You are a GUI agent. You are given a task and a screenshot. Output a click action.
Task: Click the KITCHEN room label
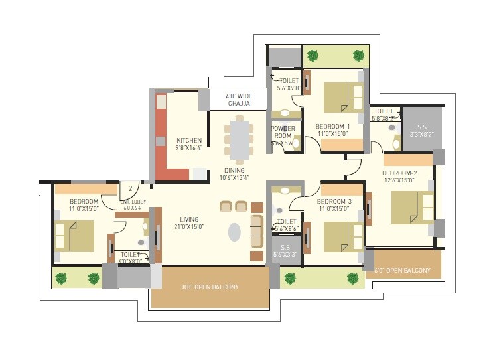click(x=189, y=140)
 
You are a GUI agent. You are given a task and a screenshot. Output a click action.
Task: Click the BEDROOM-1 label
click(x=334, y=126)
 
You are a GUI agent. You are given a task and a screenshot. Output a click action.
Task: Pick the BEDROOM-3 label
click(x=334, y=201)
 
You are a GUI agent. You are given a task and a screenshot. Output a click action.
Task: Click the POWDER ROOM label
click(x=283, y=132)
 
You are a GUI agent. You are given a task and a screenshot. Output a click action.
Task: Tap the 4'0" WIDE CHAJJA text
click(x=238, y=100)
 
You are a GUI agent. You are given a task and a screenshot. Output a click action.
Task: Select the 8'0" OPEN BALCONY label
click(x=210, y=287)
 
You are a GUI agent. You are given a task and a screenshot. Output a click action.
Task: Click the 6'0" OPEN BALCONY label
click(x=403, y=271)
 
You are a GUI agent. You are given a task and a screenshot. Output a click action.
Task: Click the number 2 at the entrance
click(x=131, y=188)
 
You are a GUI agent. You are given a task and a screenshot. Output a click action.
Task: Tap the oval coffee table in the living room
click(x=235, y=232)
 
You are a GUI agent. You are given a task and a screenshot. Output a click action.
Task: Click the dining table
click(x=238, y=140)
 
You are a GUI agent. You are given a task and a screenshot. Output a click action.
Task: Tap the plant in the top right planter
click(x=358, y=56)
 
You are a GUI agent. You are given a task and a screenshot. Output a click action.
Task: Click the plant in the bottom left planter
click(x=61, y=278)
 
